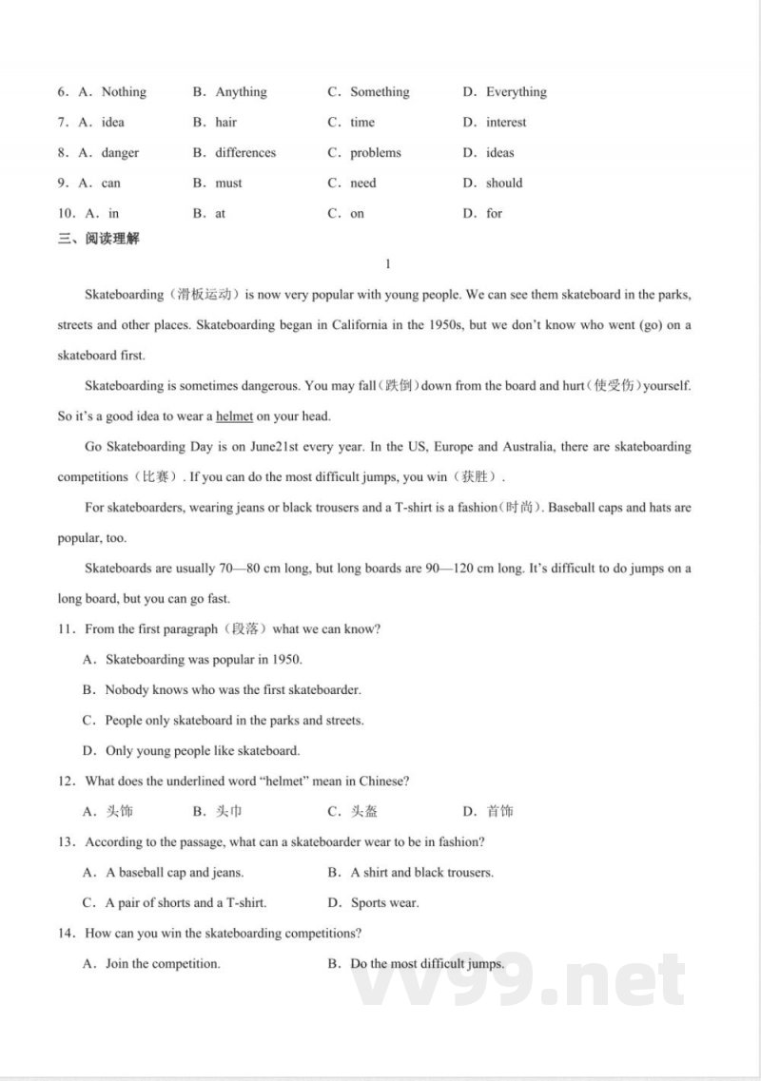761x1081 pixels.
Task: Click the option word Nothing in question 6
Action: tap(124, 92)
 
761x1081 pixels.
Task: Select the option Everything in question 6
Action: tap(516, 92)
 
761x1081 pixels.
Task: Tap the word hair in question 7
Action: tap(226, 123)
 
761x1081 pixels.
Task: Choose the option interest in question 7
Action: tap(506, 123)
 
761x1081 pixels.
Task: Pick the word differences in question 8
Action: tap(245, 153)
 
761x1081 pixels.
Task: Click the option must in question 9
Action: tap(228, 183)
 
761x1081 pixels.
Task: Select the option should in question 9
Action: tap(504, 183)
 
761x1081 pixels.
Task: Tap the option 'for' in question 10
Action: tap(495, 214)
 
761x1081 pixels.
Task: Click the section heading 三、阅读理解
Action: tap(98, 239)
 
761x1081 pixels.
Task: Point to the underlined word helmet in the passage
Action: tap(235, 416)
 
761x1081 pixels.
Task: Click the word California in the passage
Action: tap(360, 325)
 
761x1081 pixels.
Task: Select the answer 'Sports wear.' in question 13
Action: tap(385, 903)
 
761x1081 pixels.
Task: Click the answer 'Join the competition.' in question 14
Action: tap(163, 964)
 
